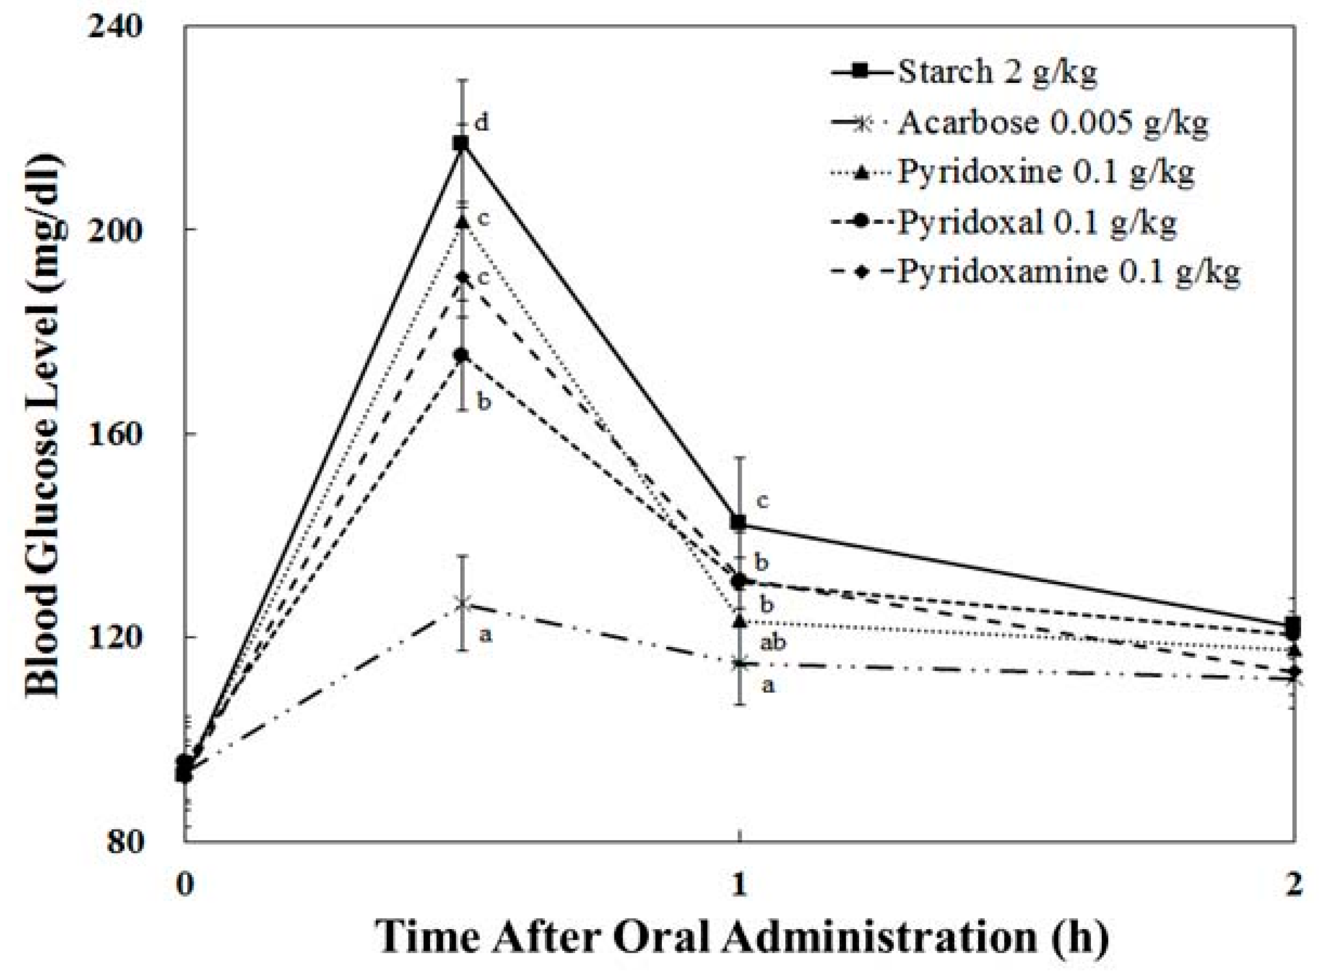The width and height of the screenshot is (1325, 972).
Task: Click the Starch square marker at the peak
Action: click(461, 143)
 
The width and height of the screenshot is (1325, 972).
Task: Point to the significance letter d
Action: click(482, 123)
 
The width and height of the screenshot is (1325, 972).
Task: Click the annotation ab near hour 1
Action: click(773, 642)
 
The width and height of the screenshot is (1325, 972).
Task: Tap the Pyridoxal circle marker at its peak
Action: click(463, 355)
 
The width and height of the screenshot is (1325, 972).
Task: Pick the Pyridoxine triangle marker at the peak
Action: click(463, 222)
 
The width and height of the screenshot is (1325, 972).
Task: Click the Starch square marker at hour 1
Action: click(739, 522)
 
